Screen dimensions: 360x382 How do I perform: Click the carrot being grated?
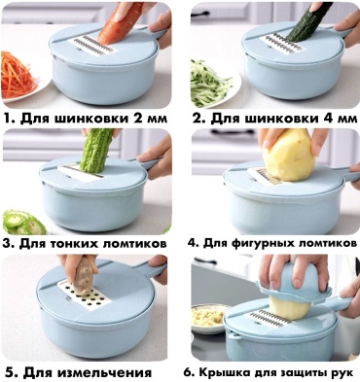[119, 25]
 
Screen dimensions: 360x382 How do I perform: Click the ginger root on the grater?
[84, 276]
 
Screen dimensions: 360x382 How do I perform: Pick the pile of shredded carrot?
[17, 75]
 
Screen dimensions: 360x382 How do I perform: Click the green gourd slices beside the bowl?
[23, 223]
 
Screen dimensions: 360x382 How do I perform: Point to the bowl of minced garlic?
[207, 317]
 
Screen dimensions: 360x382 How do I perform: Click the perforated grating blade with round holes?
[86, 295]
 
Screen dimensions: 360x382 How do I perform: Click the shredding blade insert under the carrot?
[91, 47]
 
